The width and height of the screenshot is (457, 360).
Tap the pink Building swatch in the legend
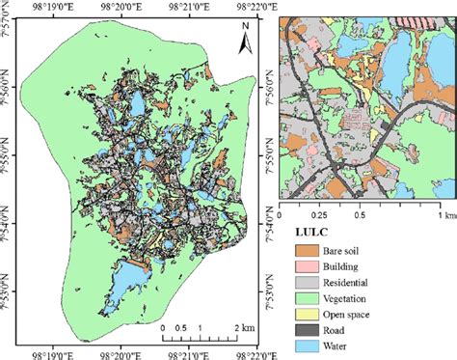308,266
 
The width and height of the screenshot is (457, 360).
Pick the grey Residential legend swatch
308,283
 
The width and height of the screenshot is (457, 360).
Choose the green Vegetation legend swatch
308,299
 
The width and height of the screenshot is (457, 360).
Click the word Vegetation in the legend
356,299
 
